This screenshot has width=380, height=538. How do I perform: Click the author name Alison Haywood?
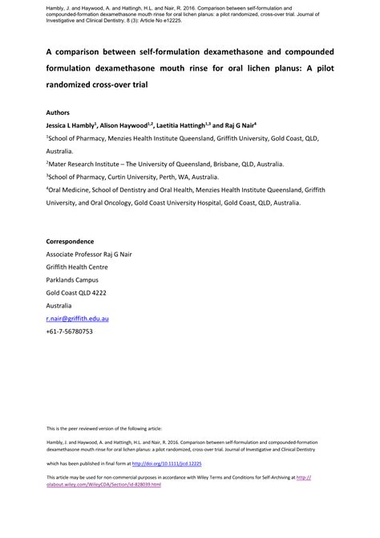click(x=127, y=126)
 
